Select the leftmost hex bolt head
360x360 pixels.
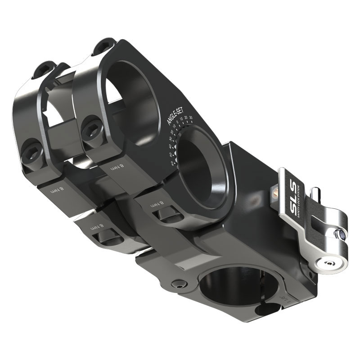click(33, 150)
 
